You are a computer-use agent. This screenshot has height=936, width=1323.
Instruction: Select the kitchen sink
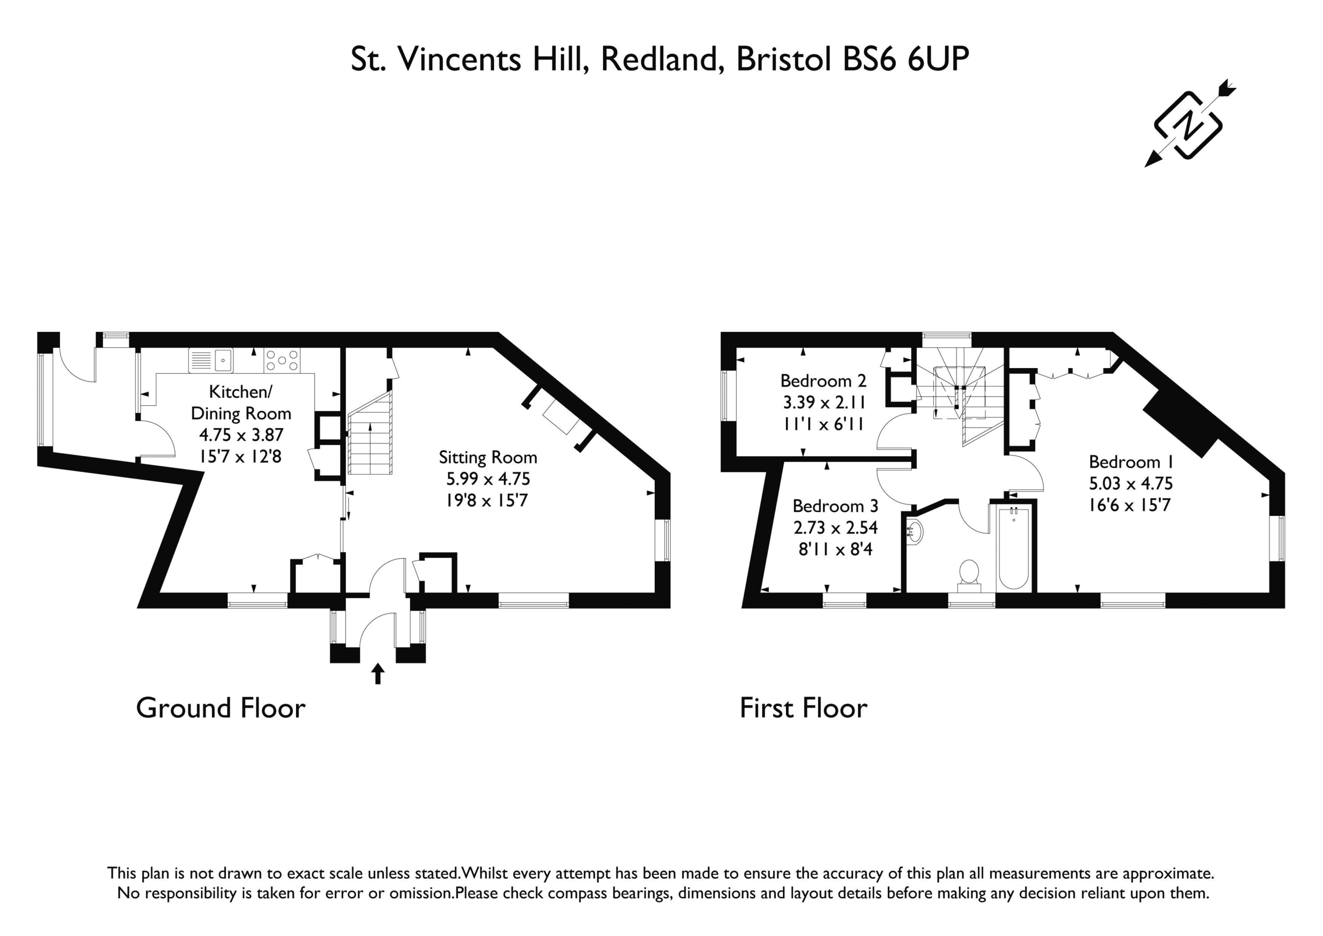(211, 360)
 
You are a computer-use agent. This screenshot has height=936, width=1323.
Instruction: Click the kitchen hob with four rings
(282, 360)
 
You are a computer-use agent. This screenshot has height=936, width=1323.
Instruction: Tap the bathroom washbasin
(914, 530)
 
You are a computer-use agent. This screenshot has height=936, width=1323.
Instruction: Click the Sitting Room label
(487, 457)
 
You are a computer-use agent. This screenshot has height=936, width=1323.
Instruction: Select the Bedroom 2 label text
(823, 381)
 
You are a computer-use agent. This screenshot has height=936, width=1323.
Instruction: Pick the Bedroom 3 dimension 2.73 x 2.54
(836, 527)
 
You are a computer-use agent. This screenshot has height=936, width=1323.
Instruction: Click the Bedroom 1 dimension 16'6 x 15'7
(1129, 505)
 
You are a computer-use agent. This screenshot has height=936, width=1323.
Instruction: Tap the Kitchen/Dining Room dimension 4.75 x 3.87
(241, 435)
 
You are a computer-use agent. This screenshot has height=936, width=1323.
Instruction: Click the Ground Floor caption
(221, 709)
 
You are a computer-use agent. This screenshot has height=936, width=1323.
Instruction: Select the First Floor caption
(803, 709)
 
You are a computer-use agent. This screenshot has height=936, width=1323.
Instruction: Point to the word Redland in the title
(662, 59)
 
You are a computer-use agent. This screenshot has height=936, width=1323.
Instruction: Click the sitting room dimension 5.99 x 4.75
(487, 479)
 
